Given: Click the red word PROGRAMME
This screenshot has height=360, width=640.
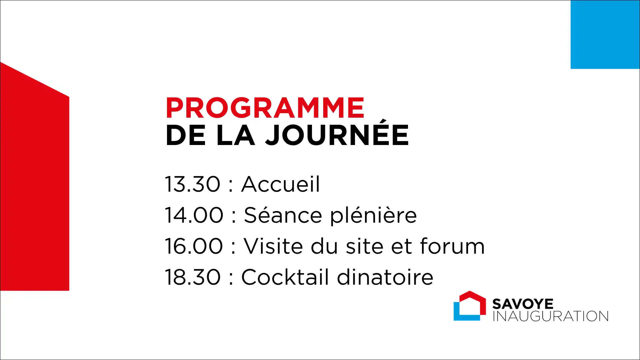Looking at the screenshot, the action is (x=265, y=108).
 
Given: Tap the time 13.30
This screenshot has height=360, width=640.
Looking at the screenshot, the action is (x=193, y=184).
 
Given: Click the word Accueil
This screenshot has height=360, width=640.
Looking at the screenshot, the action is (x=280, y=184).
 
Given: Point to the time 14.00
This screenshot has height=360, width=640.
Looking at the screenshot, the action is (x=194, y=215).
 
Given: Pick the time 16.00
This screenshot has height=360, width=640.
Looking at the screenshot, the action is (x=194, y=246).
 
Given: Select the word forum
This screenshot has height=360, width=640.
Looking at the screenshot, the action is (x=452, y=246).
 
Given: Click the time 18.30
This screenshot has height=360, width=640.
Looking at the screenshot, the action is (x=193, y=277).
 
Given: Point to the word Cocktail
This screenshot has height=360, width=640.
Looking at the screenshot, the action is (x=285, y=277).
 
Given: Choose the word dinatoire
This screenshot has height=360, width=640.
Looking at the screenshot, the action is (x=385, y=277).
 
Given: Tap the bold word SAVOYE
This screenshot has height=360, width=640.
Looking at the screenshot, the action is (x=523, y=304).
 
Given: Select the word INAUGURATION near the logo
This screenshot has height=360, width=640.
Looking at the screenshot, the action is (x=551, y=316).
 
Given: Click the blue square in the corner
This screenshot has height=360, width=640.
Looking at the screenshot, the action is (x=605, y=34).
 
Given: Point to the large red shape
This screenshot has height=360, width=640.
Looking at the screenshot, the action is (x=35, y=187).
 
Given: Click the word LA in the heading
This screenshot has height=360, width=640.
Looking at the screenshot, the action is (x=235, y=135).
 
